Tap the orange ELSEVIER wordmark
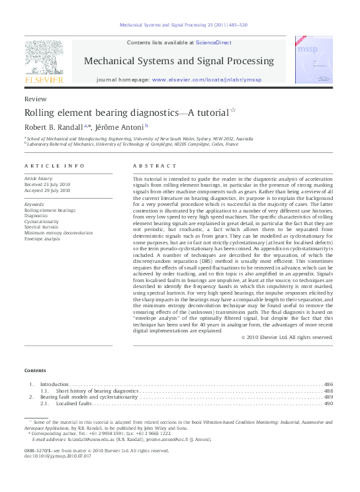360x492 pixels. pyautogui.click(x=44, y=79)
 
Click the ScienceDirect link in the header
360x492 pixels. pyautogui.click(x=213, y=42)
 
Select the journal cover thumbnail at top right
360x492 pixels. pyautogui.click(x=314, y=60)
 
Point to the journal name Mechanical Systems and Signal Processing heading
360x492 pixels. pyautogui.click(x=178, y=61)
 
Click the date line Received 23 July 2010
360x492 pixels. pyautogui.click(x=47, y=184)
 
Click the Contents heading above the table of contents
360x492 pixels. pyautogui.click(x=35, y=369)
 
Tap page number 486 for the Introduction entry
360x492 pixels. pyautogui.click(x=328, y=384)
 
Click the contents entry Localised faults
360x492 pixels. pyautogui.click(x=73, y=403)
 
